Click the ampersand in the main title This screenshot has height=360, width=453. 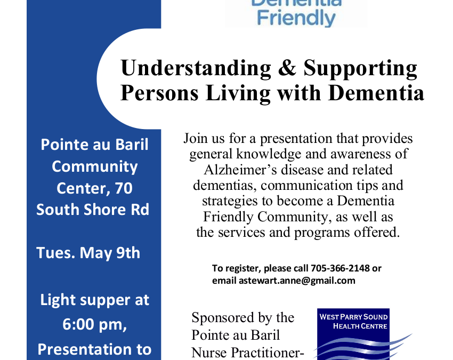pos(287,68)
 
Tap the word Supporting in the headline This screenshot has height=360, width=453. pos(360,69)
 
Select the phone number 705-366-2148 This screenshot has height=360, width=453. pos(340,268)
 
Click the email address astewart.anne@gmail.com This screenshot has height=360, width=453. pos(297,281)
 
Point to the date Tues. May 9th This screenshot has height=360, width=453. pos(88,253)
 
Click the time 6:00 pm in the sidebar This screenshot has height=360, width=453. pos(94,324)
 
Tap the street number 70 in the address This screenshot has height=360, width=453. pos(124,188)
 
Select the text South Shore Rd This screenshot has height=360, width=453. pos(93,210)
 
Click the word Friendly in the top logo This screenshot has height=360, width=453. pos(296,18)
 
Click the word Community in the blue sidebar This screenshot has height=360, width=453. pos(94,167)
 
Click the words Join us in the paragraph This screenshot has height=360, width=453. pos(204,139)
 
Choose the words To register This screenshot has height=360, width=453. pos(236,269)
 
